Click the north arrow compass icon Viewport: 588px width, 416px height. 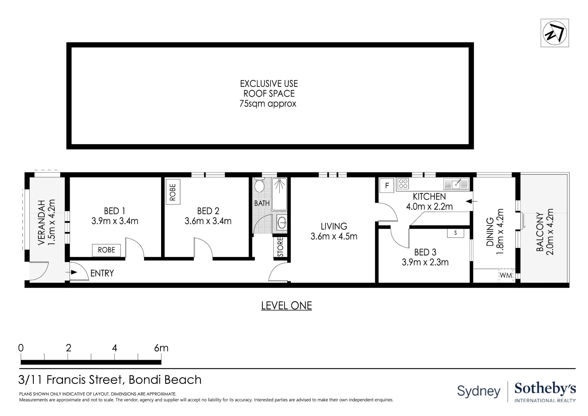[x=554, y=33]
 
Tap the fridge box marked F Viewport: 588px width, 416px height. [x=387, y=185]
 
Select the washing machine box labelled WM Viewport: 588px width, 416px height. [x=506, y=276]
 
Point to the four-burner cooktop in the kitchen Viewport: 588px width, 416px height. [x=403, y=184]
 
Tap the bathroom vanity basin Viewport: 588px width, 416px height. [x=282, y=222]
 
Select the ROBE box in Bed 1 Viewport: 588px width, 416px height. [x=106, y=250]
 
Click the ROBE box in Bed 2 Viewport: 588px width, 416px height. [x=173, y=192]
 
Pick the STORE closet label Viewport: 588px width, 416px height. [x=280, y=247]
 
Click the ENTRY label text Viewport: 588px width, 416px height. [x=102, y=273]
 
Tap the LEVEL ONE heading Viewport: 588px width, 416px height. [x=286, y=306]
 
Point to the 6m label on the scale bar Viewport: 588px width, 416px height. [x=161, y=348]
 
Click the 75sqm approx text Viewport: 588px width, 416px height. [x=268, y=104]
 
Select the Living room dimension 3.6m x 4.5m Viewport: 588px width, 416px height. [x=334, y=236]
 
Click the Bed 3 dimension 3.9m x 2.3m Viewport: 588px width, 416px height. [x=425, y=262]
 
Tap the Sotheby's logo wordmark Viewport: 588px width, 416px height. [x=545, y=389]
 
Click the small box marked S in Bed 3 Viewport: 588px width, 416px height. [x=455, y=233]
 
